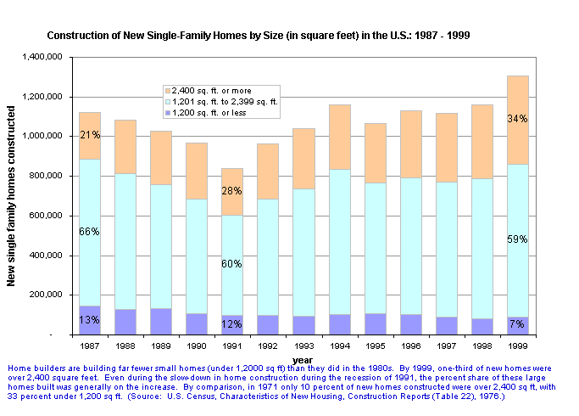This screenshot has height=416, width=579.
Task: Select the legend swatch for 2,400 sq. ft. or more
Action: tap(167, 90)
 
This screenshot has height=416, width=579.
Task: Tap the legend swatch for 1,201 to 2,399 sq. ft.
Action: tap(167, 101)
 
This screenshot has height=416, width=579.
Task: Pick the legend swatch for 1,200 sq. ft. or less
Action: tap(167, 112)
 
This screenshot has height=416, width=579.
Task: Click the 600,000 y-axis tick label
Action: tap(47, 216)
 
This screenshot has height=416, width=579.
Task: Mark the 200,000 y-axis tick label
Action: tap(47, 295)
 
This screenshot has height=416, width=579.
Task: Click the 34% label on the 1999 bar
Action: tap(517, 119)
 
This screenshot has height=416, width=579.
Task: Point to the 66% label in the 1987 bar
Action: tap(90, 232)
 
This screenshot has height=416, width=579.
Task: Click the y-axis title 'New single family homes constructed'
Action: tap(13, 196)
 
